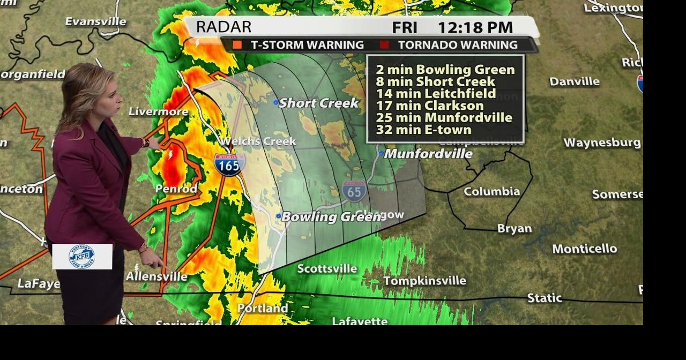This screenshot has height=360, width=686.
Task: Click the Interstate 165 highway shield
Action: [230, 164]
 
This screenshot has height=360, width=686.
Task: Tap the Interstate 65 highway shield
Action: [354, 191]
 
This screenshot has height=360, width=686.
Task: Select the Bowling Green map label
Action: [317, 217]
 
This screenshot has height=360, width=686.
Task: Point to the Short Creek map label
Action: [318, 103]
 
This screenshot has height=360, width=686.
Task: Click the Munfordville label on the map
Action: [428, 154]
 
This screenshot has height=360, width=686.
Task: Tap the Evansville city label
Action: [95, 21]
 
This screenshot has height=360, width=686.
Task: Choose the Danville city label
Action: [575, 81]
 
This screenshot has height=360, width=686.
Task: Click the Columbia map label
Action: [491, 191]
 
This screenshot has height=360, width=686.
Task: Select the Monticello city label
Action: [584, 249]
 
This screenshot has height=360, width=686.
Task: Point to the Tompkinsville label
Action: [424, 281]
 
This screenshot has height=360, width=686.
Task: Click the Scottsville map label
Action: [327, 268]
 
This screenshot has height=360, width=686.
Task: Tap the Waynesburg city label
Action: [602, 142]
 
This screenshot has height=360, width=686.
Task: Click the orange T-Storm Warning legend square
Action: [237, 45]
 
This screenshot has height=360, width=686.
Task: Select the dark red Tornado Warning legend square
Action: [384, 45]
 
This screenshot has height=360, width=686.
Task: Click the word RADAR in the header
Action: [223, 27]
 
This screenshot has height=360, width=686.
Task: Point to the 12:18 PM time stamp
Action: [475, 27]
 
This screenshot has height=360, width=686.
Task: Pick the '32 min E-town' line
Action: [423, 130]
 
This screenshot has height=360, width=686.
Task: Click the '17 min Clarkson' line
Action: [429, 106]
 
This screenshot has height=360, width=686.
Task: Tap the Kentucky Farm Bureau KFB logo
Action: [82, 256]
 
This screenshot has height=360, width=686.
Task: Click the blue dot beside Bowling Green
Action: [279, 216]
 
